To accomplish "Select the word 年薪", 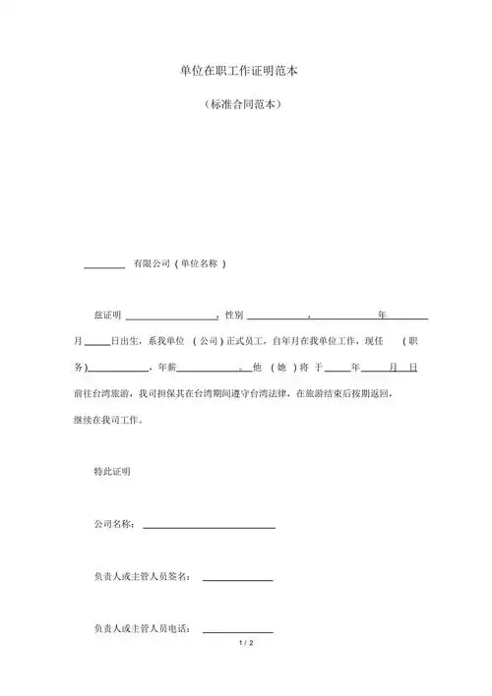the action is pyautogui.click(x=165, y=367).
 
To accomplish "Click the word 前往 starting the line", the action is pyautogui.click(x=83, y=392).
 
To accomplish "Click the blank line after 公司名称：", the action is pyautogui.click(x=209, y=528).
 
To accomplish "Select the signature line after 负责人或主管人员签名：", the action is pyautogui.click(x=237, y=579).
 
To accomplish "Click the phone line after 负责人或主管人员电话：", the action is pyautogui.click(x=237, y=631).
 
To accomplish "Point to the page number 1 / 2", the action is pyautogui.click(x=246, y=643).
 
